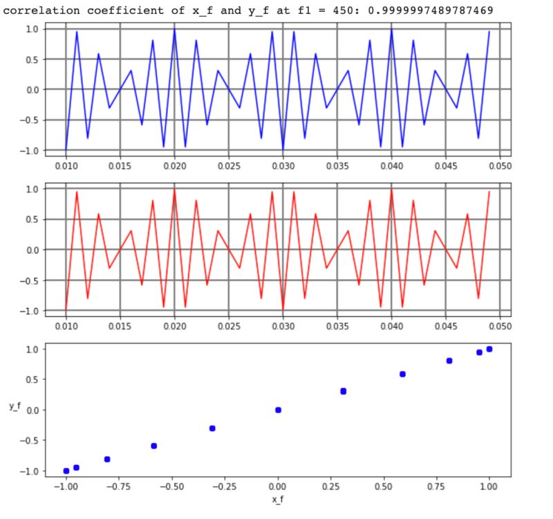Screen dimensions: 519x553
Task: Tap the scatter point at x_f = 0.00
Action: pyautogui.click(x=278, y=410)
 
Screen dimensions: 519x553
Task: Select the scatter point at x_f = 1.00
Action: pyautogui.click(x=489, y=349)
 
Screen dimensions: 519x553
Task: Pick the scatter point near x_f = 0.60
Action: pyautogui.click(x=402, y=374)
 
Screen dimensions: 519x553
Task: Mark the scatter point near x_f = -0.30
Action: pyautogui.click(x=212, y=428)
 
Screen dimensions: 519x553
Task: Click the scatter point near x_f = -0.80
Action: pyautogui.click(x=107, y=459)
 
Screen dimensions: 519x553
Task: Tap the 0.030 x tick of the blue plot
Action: pyautogui.click(x=283, y=166)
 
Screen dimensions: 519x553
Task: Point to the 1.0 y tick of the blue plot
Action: pyautogui.click(x=30, y=28)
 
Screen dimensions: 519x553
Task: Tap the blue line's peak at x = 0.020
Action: pyautogui.click(x=174, y=30)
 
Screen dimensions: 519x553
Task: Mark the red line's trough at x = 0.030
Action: pyautogui.click(x=283, y=309)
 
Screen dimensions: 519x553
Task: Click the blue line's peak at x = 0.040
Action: pyautogui.click(x=391, y=30)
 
